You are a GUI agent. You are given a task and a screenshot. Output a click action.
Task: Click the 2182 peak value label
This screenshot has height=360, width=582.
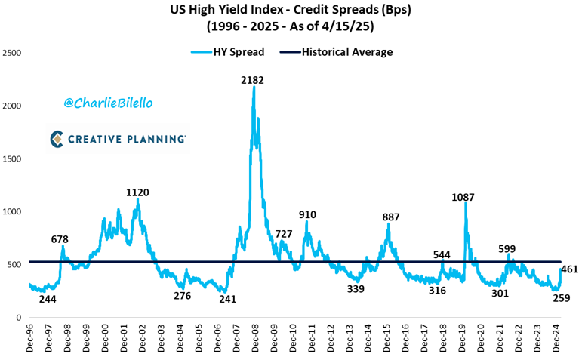tap(253, 80)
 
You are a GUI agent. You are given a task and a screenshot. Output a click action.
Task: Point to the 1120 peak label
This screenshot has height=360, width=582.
tap(137, 192)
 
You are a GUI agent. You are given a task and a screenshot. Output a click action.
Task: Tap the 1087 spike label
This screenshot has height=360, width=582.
tap(463, 197)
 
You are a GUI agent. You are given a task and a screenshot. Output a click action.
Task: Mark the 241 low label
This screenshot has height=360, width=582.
tap(227, 299)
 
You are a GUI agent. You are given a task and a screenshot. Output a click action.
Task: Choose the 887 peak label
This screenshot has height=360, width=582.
tap(390, 217)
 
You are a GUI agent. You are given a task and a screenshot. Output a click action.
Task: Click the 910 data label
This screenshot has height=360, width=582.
tap(306, 215)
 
